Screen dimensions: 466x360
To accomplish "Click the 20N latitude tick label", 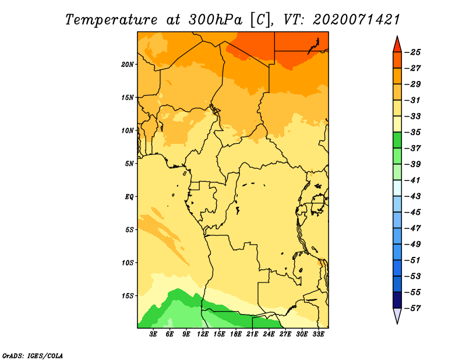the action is pyautogui.click(x=128, y=65).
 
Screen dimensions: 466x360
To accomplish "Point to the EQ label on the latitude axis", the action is pyautogui.click(x=129, y=197).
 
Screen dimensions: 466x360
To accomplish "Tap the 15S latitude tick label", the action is pyautogui.click(x=128, y=296).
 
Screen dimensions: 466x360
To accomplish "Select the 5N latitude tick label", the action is pyautogui.click(x=129, y=164).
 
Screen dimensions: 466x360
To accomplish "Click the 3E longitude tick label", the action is pyautogui.click(x=153, y=334).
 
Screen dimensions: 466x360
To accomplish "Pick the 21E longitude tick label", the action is pyautogui.click(x=252, y=334).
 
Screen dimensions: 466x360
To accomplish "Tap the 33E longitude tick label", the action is pyautogui.click(x=318, y=334).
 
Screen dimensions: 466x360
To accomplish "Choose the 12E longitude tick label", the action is pyautogui.click(x=203, y=334).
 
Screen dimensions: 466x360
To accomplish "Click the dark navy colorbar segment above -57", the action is pyautogui.click(x=397, y=300).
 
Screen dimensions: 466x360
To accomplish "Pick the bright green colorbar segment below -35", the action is pyautogui.click(x=397, y=140).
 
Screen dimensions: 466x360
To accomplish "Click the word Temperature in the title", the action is pyautogui.click(x=111, y=20).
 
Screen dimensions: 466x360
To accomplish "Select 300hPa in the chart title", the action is pyautogui.click(x=215, y=20).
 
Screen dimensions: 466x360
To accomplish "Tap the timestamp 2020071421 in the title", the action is pyautogui.click(x=356, y=20).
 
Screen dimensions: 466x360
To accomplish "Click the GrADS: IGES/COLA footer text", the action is pyautogui.click(x=33, y=355).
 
